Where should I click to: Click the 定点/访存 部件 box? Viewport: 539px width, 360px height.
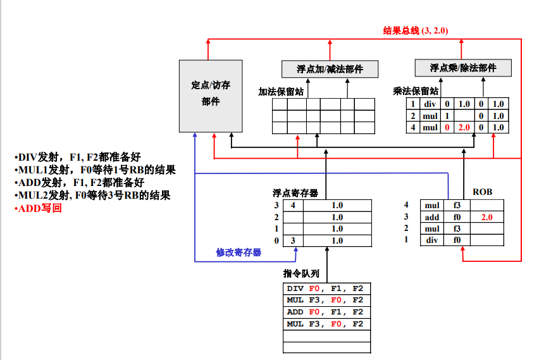211,96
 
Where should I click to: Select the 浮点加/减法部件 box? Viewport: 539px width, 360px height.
330,69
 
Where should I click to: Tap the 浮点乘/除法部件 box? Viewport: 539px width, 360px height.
463,68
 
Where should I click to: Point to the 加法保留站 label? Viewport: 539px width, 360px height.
281,92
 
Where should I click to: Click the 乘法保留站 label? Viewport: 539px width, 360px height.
416,91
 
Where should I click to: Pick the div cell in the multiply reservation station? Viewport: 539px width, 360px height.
430,104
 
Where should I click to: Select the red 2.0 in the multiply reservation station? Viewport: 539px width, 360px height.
464,128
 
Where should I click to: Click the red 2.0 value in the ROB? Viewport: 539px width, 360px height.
486,217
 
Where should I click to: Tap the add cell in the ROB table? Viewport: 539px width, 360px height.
432,217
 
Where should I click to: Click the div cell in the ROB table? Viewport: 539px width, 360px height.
432,240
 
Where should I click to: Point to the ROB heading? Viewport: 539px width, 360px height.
482,192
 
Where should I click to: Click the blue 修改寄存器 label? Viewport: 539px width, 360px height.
239,252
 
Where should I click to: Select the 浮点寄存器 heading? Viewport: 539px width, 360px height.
295,193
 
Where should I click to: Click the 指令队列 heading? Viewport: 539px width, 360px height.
301,273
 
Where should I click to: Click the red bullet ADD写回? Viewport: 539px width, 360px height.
38,208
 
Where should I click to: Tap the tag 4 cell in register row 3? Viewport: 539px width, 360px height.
293,205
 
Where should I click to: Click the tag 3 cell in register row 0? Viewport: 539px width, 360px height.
293,240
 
